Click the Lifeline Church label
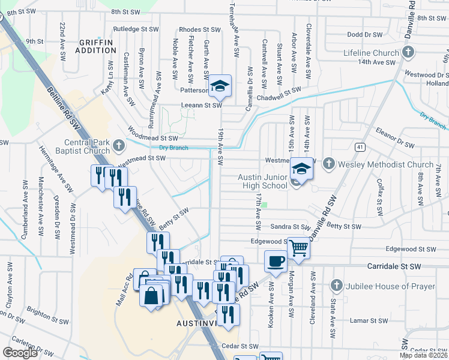coord(371,53)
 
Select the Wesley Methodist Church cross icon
coord(328,164)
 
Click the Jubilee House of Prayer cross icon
coord(336,286)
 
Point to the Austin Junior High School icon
coord(301,169)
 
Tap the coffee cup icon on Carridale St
coord(276,262)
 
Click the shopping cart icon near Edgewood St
coord(298,247)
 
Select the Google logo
coord(20,353)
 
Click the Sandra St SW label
coord(289,227)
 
